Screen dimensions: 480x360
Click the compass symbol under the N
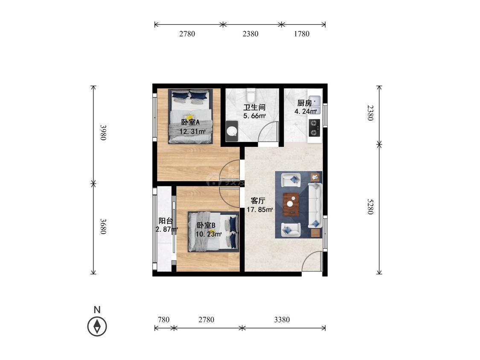(97, 326)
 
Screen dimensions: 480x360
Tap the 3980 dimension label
(104, 132)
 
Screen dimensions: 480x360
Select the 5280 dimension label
(370, 206)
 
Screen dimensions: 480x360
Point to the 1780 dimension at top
(302, 34)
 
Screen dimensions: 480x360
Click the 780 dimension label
(163, 320)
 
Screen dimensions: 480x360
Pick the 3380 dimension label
(282, 320)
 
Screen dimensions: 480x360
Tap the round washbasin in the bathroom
(232, 131)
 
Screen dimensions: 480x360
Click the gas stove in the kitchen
(314, 128)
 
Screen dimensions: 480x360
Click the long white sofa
(315, 206)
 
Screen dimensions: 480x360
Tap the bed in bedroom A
(190, 116)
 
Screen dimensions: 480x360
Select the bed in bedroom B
(213, 232)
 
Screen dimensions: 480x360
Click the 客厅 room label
(258, 201)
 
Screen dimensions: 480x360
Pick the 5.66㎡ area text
(254, 116)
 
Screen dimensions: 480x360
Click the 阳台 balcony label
(166, 221)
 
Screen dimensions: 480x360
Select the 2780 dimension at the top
(187, 34)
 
